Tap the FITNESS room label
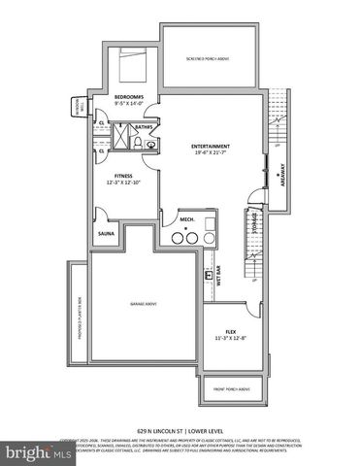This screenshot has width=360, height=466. (121, 175)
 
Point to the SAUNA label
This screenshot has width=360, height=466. (104, 233)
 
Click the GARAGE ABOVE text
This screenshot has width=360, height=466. (145, 304)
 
